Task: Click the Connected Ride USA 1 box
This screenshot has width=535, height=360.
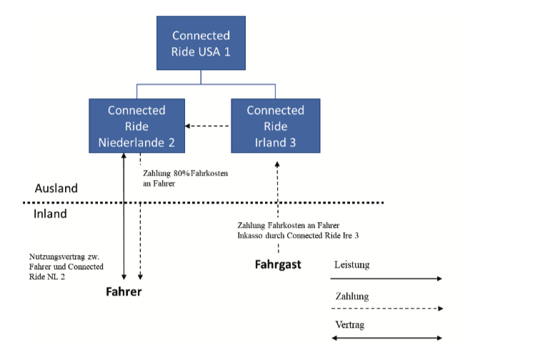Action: coord(201,44)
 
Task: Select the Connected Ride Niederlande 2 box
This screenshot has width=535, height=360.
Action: coord(136,126)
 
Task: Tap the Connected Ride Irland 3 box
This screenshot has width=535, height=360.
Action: coord(275,126)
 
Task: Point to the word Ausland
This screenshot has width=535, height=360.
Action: coord(56,189)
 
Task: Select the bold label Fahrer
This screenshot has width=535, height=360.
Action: coord(124,291)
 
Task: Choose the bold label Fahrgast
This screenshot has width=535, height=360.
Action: coord(278,264)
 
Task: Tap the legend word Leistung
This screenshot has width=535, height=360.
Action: coord(352,265)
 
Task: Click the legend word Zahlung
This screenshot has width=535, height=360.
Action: coord(351,295)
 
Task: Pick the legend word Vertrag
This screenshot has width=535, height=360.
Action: coord(349,325)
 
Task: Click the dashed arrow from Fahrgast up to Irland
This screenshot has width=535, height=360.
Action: coord(278,193)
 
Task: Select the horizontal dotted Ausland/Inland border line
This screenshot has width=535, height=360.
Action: coord(214,203)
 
